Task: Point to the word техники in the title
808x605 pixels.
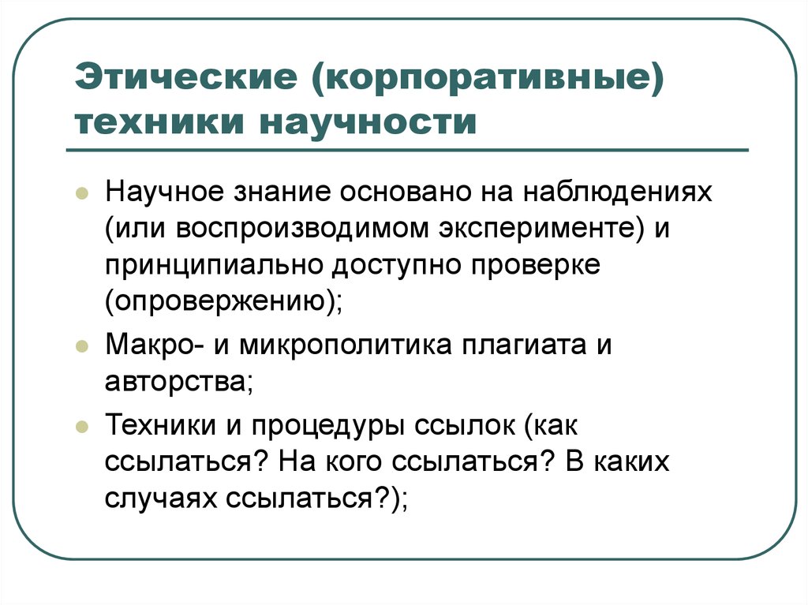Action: [x=161, y=124]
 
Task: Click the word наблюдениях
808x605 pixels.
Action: [x=620, y=193]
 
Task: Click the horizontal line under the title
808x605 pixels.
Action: [x=411, y=150]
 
